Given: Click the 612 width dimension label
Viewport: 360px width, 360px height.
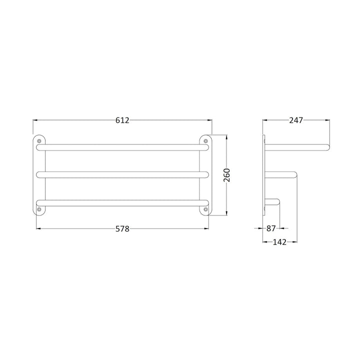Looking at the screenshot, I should click(122, 120).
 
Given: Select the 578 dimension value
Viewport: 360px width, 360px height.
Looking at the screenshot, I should click(122, 229).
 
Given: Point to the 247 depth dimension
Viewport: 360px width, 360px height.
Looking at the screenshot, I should click(295, 120).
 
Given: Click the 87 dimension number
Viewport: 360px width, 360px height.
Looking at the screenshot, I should click(271, 228).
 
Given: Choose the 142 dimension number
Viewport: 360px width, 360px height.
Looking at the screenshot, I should click(280, 242).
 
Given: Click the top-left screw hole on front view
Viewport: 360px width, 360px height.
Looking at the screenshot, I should click(39, 141).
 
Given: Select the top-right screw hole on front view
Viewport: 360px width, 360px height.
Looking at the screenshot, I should click(205, 141).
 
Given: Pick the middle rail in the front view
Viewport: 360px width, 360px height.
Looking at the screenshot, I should click(122, 174).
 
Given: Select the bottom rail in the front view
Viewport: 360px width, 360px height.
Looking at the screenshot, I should click(122, 202).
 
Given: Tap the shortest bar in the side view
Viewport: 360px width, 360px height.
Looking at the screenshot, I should click(273, 202).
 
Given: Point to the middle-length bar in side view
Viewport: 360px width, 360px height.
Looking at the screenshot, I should click(280, 174).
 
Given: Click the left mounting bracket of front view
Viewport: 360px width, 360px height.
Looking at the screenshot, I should click(39, 175).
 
